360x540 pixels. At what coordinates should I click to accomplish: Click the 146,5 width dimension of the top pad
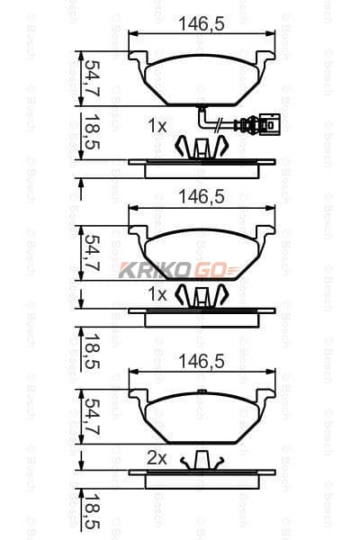[202, 24]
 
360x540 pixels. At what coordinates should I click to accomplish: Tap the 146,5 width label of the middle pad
[202, 197]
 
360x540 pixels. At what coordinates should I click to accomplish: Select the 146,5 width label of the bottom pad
[202, 362]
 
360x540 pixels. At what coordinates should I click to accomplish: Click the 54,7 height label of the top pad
[93, 77]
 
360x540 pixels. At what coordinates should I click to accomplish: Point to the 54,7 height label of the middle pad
[93, 253]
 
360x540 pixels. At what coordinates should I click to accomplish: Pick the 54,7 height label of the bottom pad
[93, 416]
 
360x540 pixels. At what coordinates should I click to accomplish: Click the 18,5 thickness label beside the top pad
[93, 131]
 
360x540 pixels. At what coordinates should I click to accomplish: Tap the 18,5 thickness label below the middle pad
[93, 351]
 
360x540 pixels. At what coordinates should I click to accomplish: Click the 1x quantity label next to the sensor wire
[157, 126]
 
